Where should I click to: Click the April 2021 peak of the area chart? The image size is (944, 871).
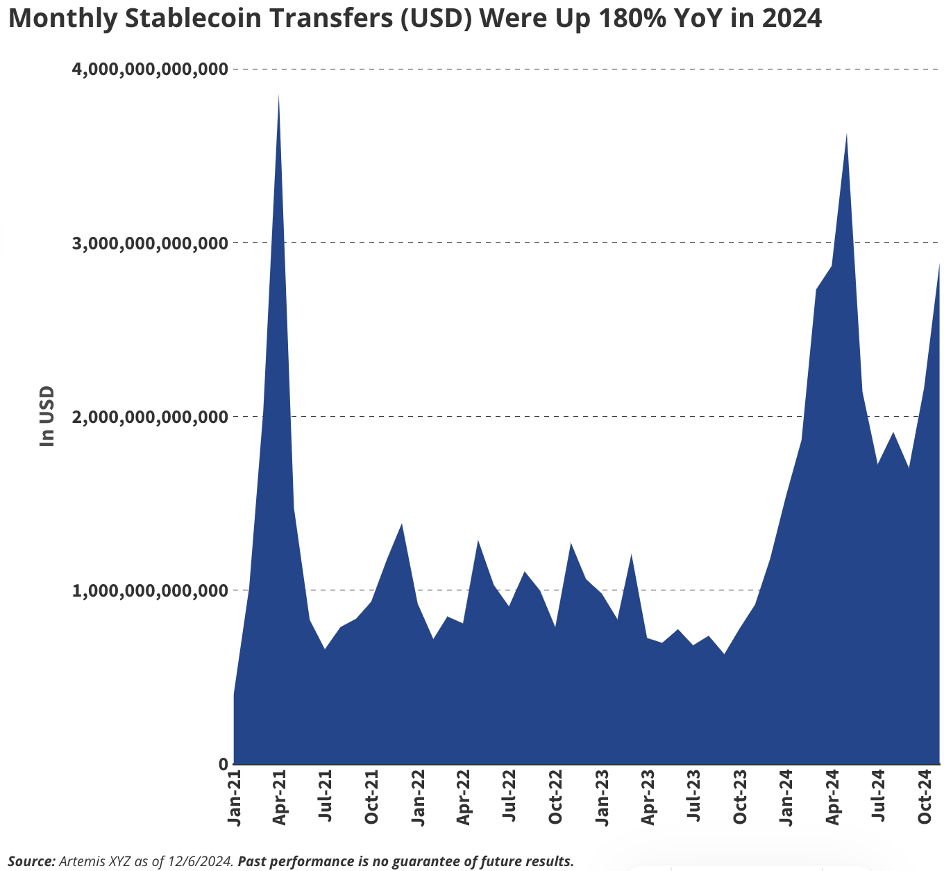(x=279, y=97)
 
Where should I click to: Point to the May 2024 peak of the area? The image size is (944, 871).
(x=847, y=135)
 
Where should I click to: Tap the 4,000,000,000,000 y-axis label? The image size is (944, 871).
(x=150, y=69)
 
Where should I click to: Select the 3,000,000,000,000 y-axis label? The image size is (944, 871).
(x=150, y=243)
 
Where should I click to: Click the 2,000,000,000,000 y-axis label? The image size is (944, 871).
(x=150, y=417)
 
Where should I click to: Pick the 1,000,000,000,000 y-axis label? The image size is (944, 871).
(x=150, y=590)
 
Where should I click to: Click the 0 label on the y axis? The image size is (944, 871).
(x=223, y=764)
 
